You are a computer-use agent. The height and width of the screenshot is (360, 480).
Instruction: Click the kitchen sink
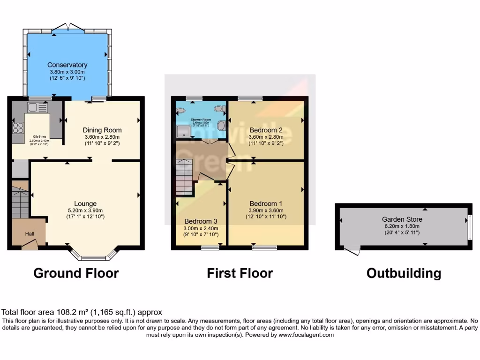point(37,107)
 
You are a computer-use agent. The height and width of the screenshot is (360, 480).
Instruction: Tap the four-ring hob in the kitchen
point(18,127)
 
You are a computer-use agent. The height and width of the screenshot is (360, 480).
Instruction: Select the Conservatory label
point(67,65)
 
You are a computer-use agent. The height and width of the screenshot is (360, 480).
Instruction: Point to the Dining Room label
point(102,130)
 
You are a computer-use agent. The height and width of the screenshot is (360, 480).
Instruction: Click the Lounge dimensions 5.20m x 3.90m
point(85,210)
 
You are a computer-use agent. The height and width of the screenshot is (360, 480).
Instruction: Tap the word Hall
point(30,233)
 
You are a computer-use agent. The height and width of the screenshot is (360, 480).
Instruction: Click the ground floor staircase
point(20,202)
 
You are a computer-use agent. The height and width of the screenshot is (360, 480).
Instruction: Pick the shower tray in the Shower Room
point(185,130)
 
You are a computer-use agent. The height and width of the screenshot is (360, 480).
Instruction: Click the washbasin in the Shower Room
point(181,111)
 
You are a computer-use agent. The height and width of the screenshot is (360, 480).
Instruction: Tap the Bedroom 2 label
point(266,130)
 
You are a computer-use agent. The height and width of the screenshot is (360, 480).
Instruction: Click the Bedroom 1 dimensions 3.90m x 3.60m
point(266,210)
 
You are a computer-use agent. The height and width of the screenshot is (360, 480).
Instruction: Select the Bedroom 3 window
point(210,247)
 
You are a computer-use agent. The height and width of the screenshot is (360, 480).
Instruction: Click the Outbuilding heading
point(404,273)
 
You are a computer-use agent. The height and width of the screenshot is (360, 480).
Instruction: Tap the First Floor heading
point(240,273)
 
